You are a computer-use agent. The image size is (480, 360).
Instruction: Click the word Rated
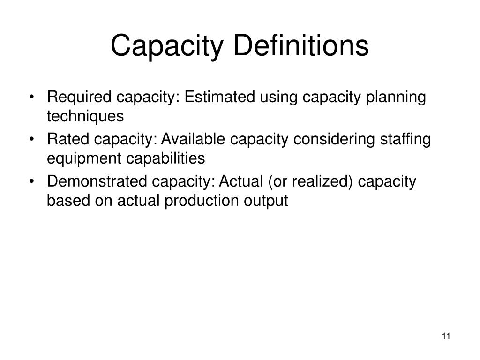(x=64, y=140)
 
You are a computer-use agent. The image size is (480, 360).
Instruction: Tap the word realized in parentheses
(x=320, y=181)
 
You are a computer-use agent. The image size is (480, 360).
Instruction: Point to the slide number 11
(x=446, y=336)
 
